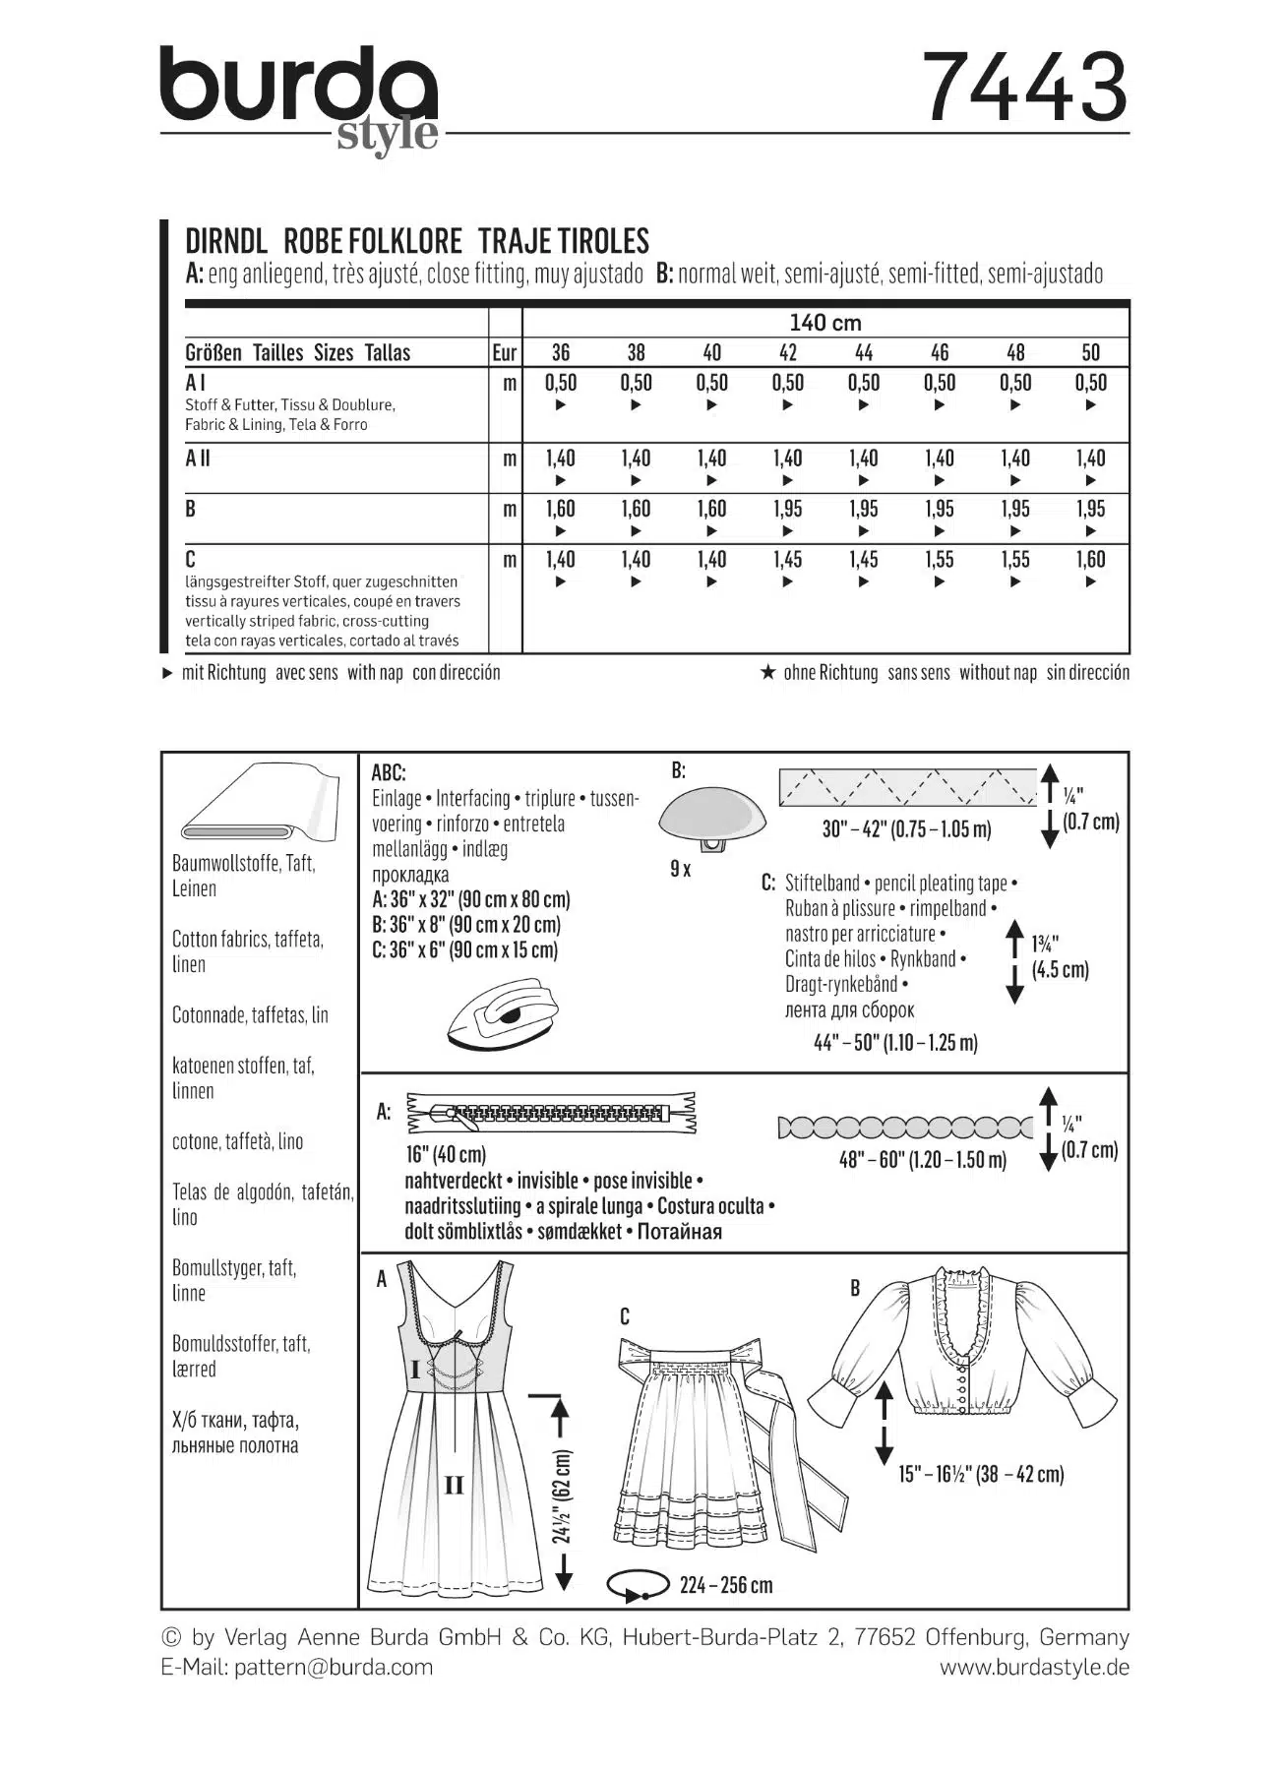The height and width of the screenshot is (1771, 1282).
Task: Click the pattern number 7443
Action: pyautogui.click(x=1024, y=89)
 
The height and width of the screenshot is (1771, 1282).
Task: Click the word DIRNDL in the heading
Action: pyautogui.click(x=226, y=241)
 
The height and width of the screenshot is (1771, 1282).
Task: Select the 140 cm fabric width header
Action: pyautogui.click(x=824, y=323)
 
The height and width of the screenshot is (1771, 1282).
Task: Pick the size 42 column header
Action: pyautogui.click(x=787, y=353)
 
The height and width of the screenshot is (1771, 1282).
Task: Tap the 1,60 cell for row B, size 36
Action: pyautogui.click(x=560, y=510)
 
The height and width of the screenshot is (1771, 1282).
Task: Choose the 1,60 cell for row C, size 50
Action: pyautogui.click(x=1090, y=560)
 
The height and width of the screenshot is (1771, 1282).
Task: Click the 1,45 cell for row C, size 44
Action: pyautogui.click(x=863, y=560)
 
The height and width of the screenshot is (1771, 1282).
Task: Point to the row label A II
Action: pyautogui.click(x=198, y=458)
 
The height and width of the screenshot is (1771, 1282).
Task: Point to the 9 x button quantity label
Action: pyautogui.click(x=680, y=870)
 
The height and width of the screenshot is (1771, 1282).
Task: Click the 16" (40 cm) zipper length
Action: pyautogui.click(x=446, y=1154)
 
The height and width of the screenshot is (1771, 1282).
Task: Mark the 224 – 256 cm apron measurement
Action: pyautogui.click(x=725, y=1585)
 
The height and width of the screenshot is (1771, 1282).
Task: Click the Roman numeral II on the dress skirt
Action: pyautogui.click(x=454, y=1486)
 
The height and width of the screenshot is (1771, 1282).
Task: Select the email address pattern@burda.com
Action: pyautogui.click(x=334, y=1667)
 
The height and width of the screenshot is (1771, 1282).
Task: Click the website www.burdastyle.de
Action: pyautogui.click(x=1034, y=1667)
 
